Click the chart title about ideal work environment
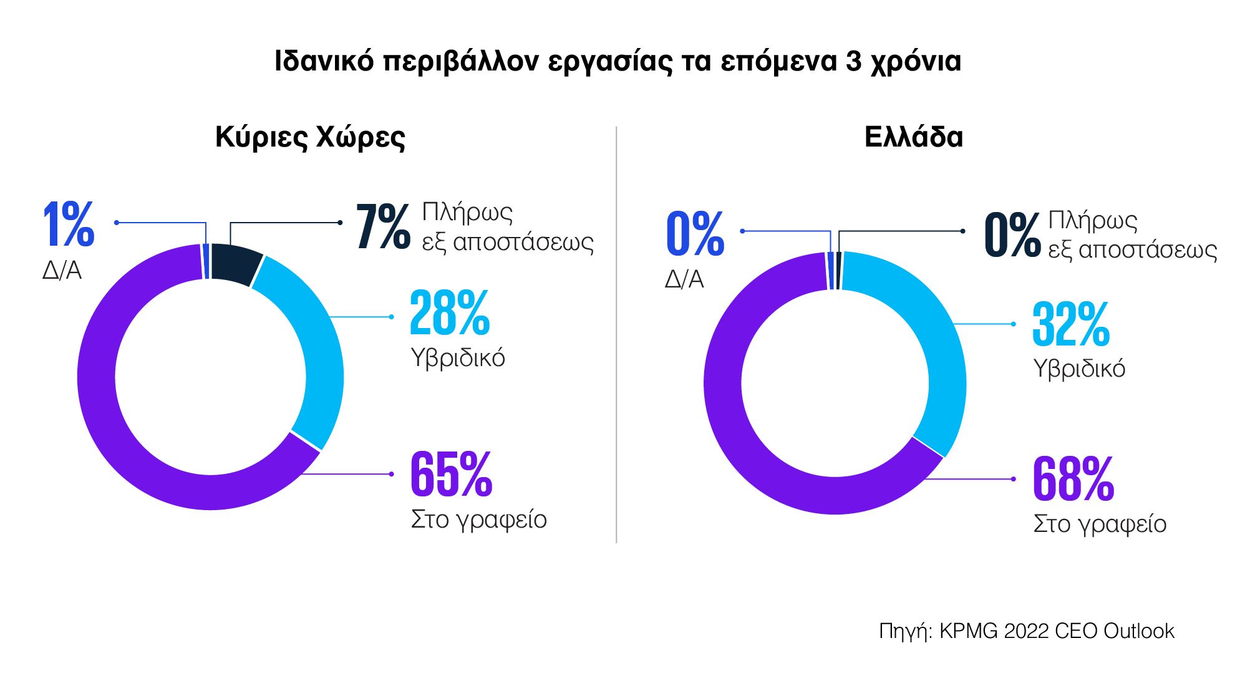coord(618,62)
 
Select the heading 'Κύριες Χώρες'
coord(310,137)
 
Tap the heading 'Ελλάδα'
coord(913,137)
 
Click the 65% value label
coord(451,475)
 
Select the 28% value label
coord(450,313)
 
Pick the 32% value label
coord(1071,324)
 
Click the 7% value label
coord(383,227)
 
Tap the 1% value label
coord(69,225)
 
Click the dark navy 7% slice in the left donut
coord(235,263)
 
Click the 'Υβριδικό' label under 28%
coord(458,358)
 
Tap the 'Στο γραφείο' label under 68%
coord(1100,524)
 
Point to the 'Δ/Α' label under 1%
coord(62,271)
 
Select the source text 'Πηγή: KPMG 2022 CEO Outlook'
coord(1026,631)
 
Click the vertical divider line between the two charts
coord(616,337)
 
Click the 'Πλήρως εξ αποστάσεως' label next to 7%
coord(506,227)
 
